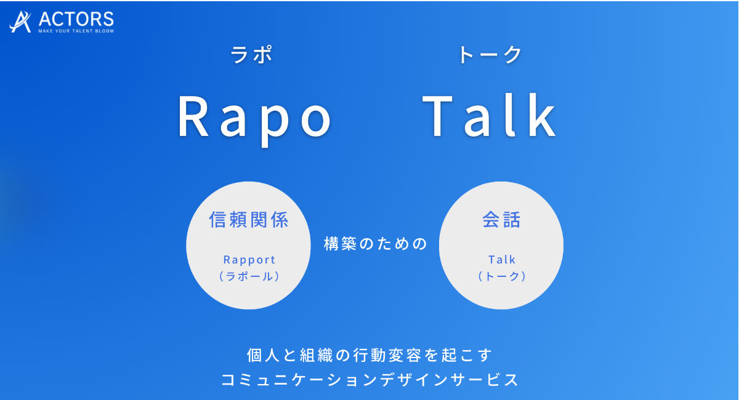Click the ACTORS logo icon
click(x=20, y=22)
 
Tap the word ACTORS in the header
click(x=76, y=19)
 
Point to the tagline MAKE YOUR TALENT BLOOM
click(x=76, y=31)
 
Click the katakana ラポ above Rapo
click(x=251, y=54)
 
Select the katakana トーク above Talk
click(x=490, y=54)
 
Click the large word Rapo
click(x=255, y=119)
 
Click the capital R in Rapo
click(x=193, y=116)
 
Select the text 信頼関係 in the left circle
click(x=249, y=220)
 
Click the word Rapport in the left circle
click(x=249, y=260)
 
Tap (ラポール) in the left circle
click(x=249, y=276)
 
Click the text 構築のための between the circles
click(x=376, y=244)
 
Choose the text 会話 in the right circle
click(x=501, y=220)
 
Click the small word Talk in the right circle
click(x=501, y=260)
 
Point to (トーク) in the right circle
click(x=501, y=276)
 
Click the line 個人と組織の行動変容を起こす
click(x=369, y=356)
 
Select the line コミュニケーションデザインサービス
click(x=369, y=380)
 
